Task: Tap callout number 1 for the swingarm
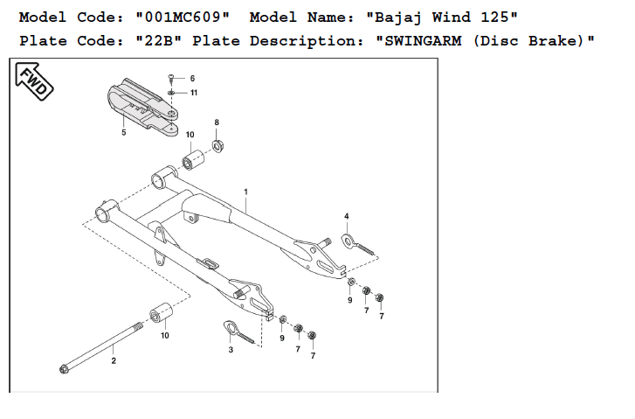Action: [246, 191]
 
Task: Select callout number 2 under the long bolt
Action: [113, 359]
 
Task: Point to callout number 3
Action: [231, 349]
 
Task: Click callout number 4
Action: [346, 215]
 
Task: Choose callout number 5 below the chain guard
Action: [123, 132]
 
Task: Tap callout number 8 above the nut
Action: [217, 122]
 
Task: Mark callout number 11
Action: [193, 93]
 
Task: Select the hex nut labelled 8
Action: [219, 143]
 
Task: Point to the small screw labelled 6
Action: [173, 79]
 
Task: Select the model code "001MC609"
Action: [183, 17]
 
